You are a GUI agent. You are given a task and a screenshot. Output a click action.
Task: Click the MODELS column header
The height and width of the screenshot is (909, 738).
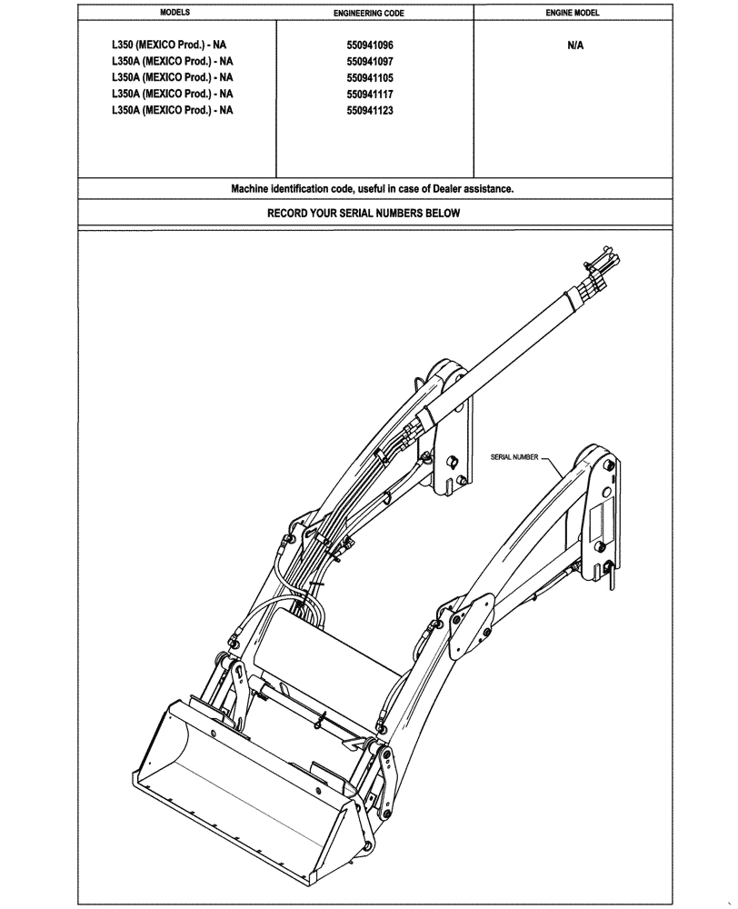(x=175, y=15)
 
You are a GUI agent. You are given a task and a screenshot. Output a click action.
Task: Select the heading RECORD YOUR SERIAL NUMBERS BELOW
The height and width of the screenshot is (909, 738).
(x=364, y=214)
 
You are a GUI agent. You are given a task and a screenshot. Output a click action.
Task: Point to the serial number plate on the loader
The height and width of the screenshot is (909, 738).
(x=600, y=523)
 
